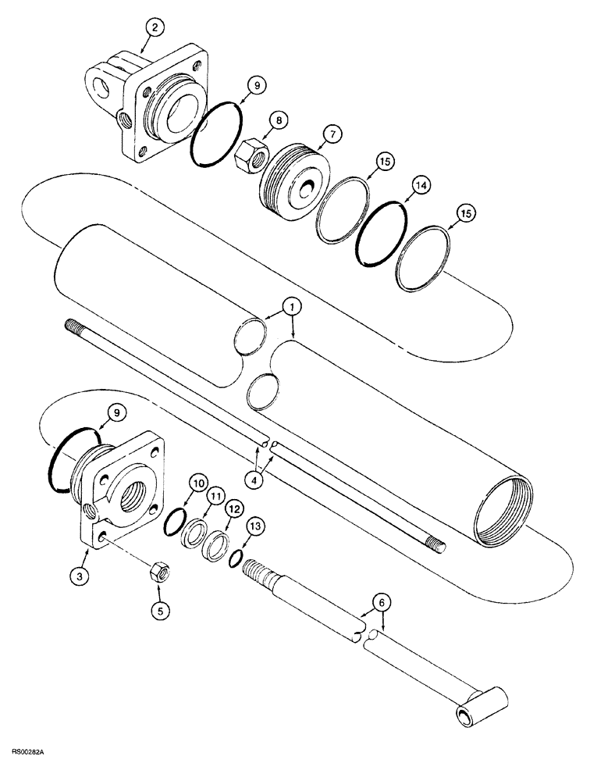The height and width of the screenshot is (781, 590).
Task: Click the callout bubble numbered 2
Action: point(156,27)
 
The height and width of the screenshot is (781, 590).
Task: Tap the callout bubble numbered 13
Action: point(254,527)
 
